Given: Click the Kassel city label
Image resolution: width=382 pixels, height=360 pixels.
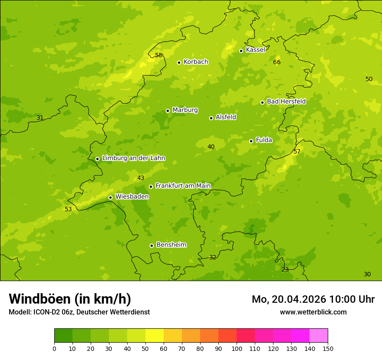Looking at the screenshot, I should (255, 50).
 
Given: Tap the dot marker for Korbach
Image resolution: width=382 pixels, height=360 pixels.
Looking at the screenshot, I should (179, 62).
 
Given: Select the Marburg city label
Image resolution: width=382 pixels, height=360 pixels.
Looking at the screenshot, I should (185, 110).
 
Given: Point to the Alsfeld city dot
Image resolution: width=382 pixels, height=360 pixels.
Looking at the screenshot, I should (211, 118).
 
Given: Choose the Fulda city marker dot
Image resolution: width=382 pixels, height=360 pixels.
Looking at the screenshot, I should (251, 141).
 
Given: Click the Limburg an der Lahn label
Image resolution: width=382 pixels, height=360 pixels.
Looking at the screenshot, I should (133, 158).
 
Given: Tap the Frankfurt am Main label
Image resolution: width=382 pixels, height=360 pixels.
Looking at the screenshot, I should (183, 186).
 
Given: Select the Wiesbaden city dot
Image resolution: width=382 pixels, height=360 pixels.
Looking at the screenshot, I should (110, 197).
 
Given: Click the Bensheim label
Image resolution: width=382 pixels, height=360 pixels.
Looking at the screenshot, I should (171, 245).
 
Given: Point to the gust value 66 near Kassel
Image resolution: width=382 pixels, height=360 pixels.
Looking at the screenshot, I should (277, 62).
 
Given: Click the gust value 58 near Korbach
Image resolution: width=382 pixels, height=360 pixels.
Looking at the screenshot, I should (158, 55).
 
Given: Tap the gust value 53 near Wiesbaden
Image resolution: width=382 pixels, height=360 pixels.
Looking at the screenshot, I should (68, 209).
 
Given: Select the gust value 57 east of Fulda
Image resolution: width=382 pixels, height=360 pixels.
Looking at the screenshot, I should (297, 152).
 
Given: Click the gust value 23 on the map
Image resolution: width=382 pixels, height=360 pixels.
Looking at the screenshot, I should (285, 270).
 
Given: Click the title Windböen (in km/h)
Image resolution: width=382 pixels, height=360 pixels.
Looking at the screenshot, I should (70, 299).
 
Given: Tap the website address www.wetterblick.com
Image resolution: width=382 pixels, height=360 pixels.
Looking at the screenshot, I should (313, 312).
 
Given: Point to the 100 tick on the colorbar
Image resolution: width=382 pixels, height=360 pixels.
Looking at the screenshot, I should (237, 348).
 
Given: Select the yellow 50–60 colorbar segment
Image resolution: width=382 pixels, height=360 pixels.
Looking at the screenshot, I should (155, 336).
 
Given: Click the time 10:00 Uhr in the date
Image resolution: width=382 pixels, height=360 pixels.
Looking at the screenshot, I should (352, 299).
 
